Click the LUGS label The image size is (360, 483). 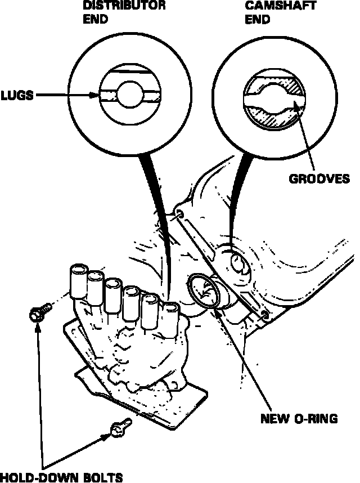(x=16, y=96)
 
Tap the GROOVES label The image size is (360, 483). (x=319, y=179)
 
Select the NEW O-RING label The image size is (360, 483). (x=298, y=418)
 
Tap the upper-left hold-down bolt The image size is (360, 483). (x=38, y=312)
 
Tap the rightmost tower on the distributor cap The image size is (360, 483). (x=169, y=315)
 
